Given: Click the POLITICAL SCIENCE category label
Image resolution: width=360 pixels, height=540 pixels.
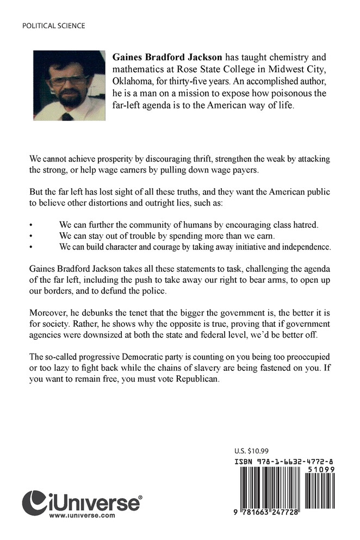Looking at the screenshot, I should (x=53, y=26).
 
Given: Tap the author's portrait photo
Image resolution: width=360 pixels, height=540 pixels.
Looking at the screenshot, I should (x=69, y=85).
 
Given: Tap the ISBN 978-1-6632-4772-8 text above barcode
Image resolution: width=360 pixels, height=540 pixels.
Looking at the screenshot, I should (x=285, y=461).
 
